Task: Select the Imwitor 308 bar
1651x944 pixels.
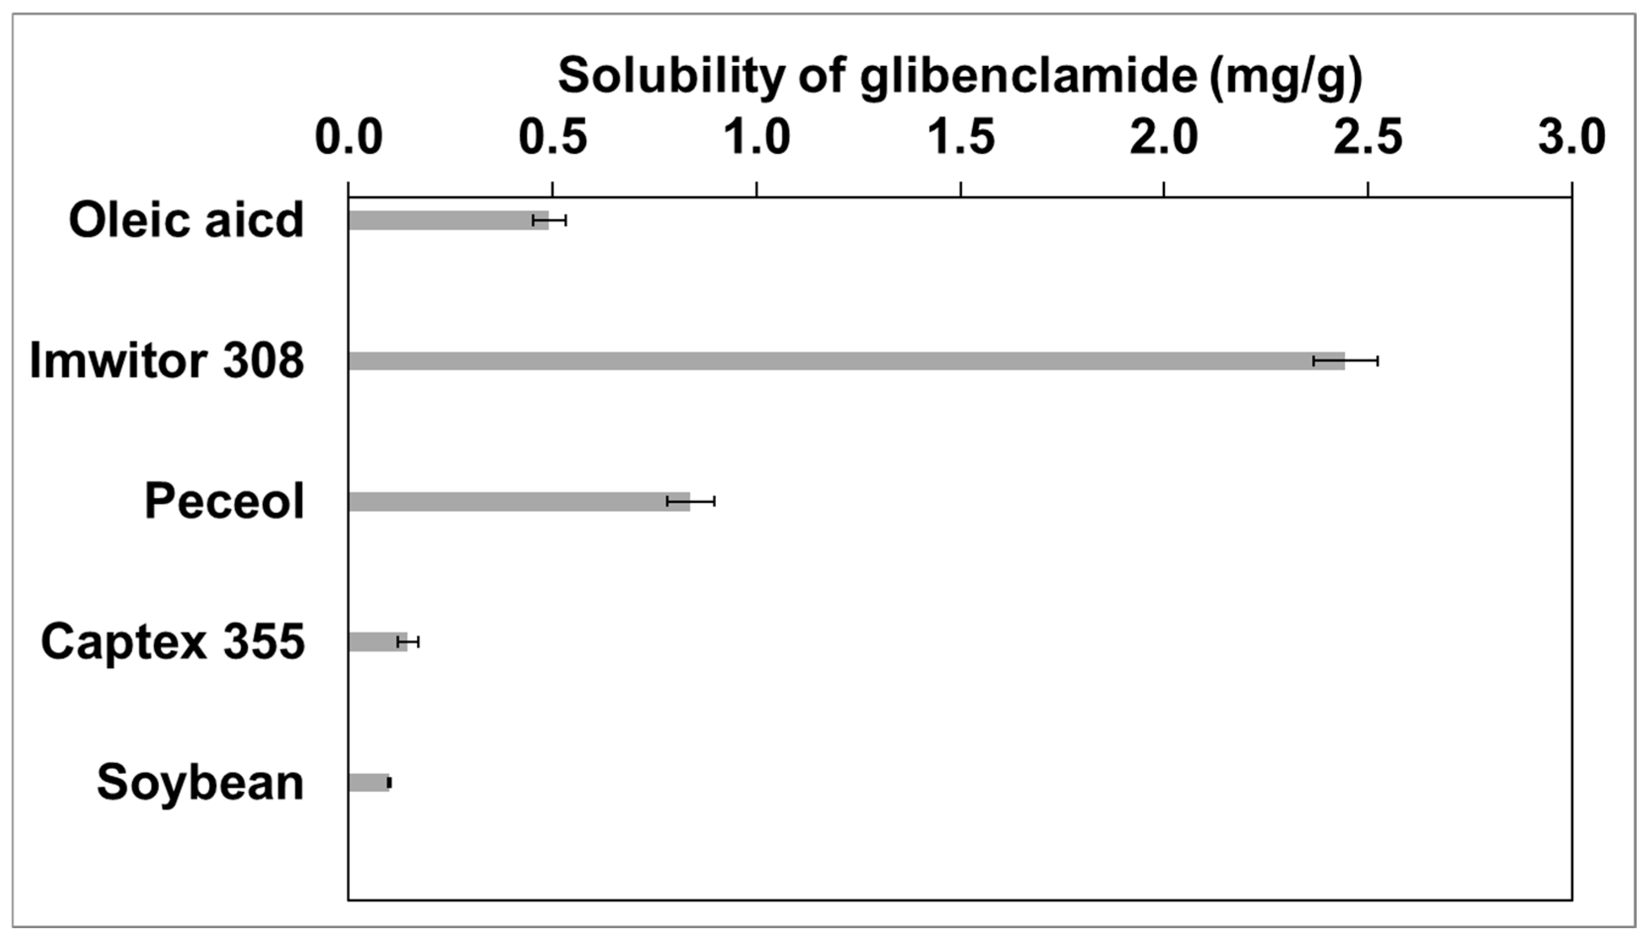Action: [x=846, y=361]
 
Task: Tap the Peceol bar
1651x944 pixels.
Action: [x=519, y=501]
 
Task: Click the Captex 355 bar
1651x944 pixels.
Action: [x=377, y=642]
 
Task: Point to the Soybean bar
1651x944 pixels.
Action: [x=368, y=782]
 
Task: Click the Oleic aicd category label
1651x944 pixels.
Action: [x=186, y=220]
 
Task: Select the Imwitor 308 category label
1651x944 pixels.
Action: [x=167, y=361]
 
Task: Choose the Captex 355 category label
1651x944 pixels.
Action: [x=173, y=642]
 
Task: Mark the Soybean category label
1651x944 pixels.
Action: [x=200, y=782]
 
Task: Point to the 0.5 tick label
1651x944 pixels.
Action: [x=552, y=137]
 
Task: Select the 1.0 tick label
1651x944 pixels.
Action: [x=757, y=137]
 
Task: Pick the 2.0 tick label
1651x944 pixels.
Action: [x=1164, y=137]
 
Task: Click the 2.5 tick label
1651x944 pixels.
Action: [x=1368, y=137]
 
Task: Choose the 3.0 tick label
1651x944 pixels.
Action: [x=1572, y=137]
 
